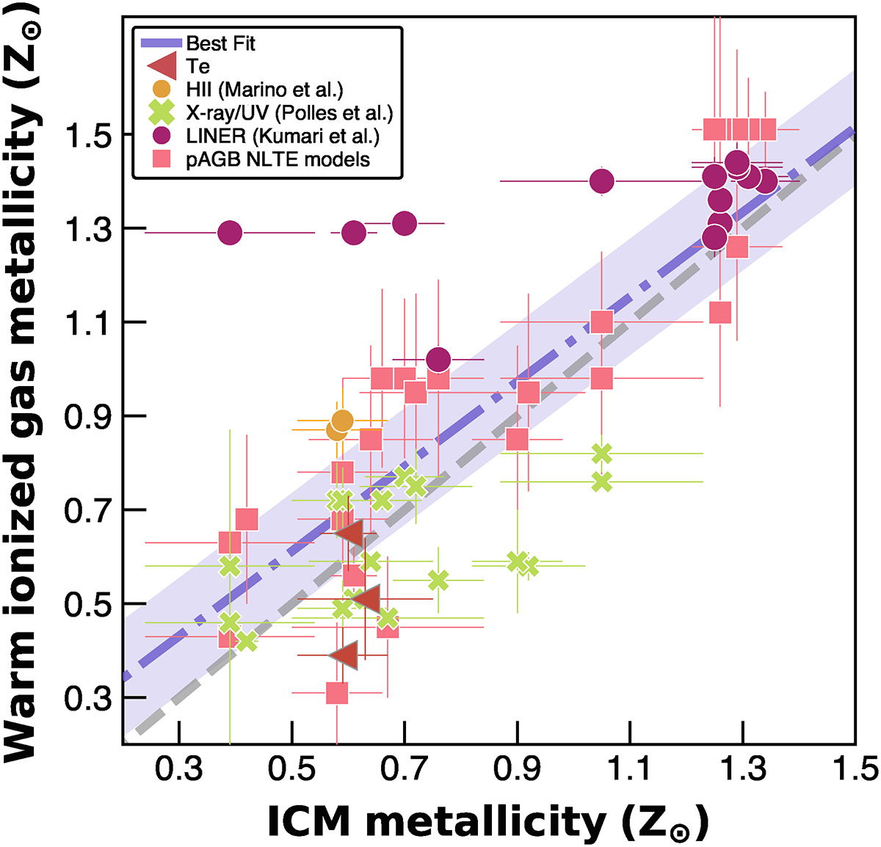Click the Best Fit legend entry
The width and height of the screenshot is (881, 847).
pos(220,43)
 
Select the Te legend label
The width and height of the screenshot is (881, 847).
pos(198,66)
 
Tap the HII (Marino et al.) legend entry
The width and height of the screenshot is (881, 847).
pos(264,90)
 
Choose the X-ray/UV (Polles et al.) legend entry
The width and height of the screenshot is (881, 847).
pos(289,113)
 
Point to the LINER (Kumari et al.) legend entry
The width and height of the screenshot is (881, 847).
pos(283,136)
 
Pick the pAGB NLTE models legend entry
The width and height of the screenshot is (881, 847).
pos(278,159)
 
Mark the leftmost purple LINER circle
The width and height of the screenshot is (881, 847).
pos(230,233)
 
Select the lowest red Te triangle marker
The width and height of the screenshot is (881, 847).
pos(344,655)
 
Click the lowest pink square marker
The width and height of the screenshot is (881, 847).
pos(337,693)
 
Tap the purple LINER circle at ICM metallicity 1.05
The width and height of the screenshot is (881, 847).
pos(602,181)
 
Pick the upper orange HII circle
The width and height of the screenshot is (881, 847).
pos(342,421)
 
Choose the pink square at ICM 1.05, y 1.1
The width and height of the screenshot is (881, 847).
pos(602,322)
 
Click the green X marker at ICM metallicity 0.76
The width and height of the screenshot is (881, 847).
pos(438,581)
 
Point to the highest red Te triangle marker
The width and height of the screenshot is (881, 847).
pos(349,534)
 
